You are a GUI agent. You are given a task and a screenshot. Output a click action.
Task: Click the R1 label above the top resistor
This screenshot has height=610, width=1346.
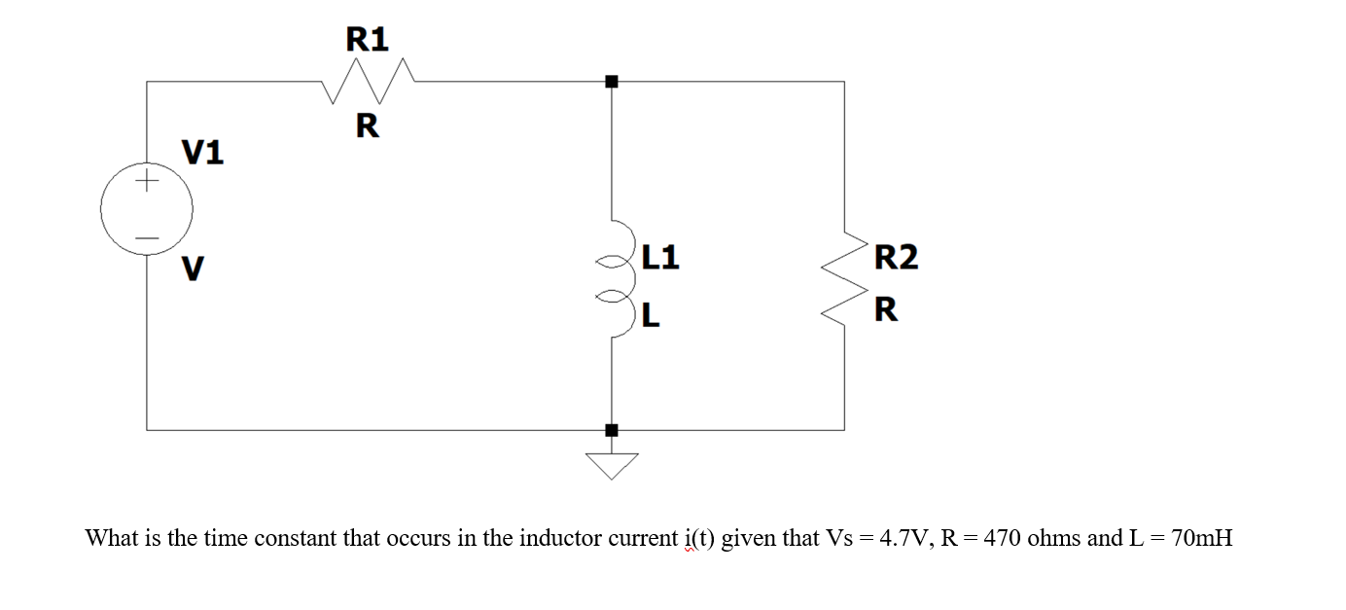[368, 39]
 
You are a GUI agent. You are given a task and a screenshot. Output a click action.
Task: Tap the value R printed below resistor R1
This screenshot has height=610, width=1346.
[367, 126]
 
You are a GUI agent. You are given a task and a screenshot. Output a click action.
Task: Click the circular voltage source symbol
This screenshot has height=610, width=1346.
[147, 208]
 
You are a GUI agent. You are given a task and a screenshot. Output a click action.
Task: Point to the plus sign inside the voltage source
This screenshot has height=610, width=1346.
[147, 181]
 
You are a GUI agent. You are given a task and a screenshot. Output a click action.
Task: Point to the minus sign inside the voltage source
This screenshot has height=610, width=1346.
[147, 236]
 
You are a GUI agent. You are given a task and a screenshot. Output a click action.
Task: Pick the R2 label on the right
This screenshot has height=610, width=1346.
[896, 258]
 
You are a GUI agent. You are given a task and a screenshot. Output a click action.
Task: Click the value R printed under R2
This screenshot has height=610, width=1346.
[885, 311]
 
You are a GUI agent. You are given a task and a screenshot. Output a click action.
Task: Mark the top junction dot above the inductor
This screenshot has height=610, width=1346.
[611, 82]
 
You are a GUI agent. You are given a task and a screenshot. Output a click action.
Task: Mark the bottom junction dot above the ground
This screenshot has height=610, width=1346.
[611, 429]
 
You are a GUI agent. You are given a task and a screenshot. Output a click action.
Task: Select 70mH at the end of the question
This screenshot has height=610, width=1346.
[1202, 538]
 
